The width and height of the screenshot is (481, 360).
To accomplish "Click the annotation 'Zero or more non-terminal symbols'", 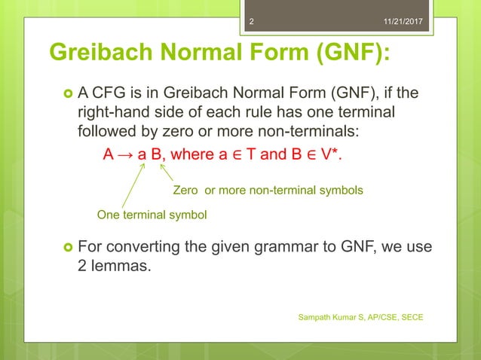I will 268,191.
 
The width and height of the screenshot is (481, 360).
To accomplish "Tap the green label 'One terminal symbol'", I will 152,215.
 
